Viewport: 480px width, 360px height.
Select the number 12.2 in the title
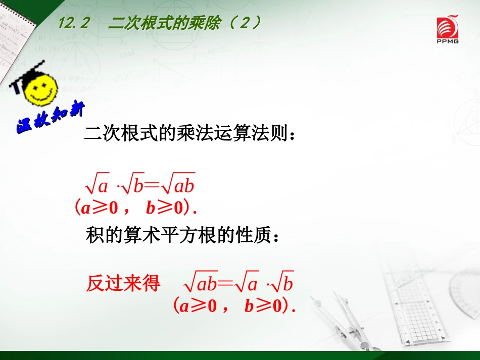pos(74,23)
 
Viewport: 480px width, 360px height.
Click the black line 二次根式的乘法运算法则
pos(190,135)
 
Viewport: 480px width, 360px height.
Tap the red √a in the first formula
pos(98,186)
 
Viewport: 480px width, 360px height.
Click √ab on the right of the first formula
pos(177,186)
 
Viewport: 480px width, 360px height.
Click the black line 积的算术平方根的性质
pos(182,235)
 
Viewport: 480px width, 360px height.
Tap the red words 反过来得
pos(123,283)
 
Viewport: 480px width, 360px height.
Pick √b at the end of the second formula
pos(282,284)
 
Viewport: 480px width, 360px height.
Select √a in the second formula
pos(246,284)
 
